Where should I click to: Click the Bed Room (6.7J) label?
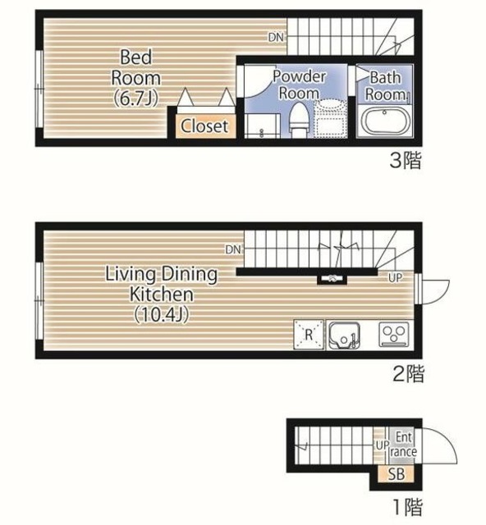135,78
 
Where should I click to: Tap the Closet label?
204,126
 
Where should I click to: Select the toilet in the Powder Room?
298,120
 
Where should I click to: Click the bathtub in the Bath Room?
384,121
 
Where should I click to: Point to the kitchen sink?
344,336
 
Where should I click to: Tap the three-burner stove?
394,334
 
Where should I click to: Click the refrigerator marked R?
309,335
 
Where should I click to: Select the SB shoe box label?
397,474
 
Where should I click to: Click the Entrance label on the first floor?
404,445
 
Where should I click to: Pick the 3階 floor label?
406,160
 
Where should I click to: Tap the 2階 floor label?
408,374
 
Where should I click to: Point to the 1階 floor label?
407,507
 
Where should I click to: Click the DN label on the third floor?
276,38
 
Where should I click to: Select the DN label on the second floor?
233,249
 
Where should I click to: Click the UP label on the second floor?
396,277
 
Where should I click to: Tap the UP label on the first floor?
382,445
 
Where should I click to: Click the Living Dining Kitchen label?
162,294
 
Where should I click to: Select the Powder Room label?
299,84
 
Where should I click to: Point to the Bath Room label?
386,86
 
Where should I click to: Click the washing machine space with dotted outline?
330,118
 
